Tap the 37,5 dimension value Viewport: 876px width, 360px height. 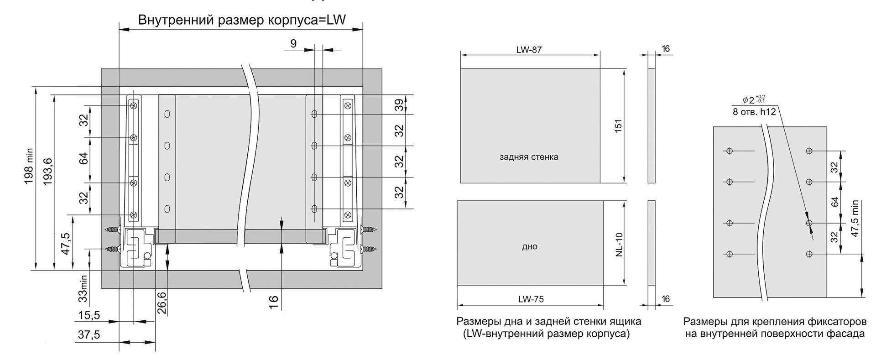click(89, 335)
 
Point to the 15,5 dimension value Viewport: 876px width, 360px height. click(89, 315)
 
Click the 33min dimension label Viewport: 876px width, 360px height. click(83, 288)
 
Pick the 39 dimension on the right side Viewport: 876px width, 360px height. click(399, 104)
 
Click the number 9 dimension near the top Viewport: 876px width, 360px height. click(293, 43)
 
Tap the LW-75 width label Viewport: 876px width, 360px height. click(531, 299)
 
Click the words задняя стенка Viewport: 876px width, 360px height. click(529, 157)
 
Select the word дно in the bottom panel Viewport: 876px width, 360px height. click(530, 246)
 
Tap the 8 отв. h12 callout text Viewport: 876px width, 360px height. click(754, 111)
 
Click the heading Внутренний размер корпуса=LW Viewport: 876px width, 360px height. click(242, 20)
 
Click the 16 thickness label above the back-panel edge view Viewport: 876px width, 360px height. click(666, 49)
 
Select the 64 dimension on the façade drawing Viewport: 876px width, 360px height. click(834, 202)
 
